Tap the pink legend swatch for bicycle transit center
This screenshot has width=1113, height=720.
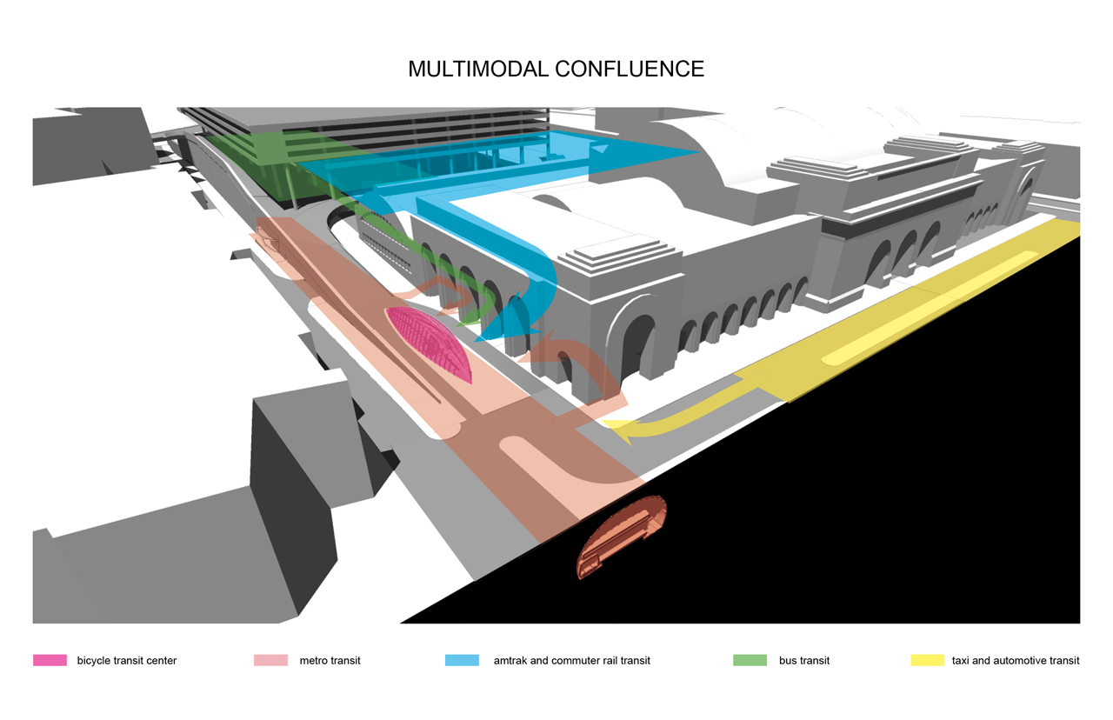pos(50,660)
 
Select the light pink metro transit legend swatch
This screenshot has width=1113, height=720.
pos(270,660)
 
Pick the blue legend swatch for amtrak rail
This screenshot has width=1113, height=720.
pos(462,660)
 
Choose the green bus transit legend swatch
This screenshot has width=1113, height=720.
pos(750,660)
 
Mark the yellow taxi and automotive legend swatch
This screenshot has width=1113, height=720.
pos(928,660)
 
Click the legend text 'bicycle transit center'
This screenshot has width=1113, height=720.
pos(127,661)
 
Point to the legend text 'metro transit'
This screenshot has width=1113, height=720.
pos(330,661)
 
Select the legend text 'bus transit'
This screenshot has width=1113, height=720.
pos(804,661)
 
